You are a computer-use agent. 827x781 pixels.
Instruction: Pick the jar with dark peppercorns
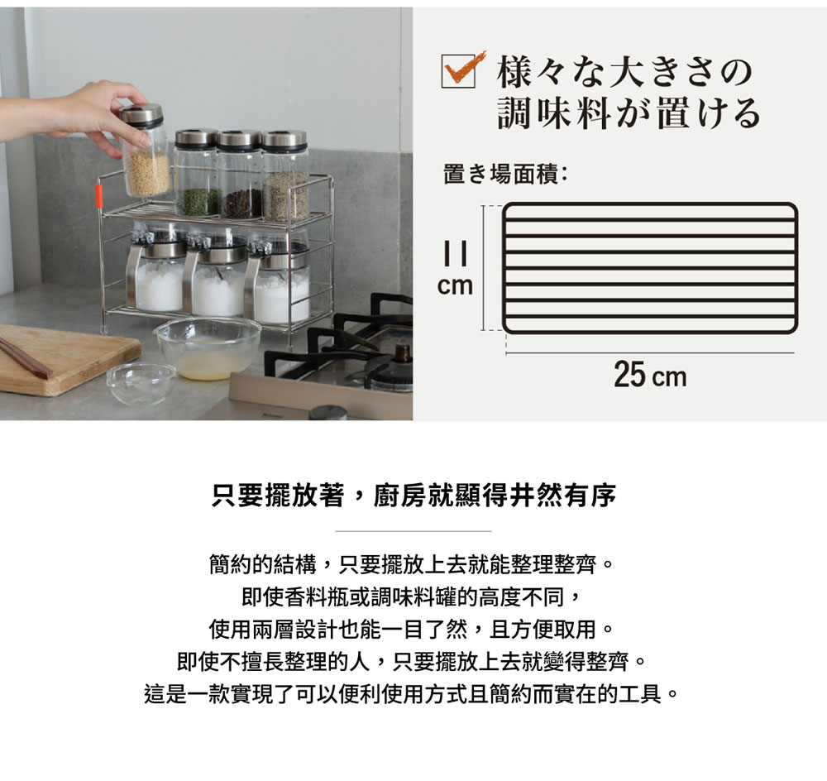point(241,177)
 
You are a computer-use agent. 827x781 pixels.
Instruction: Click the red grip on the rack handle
point(98,197)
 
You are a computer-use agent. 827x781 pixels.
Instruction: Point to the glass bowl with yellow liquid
point(208,347)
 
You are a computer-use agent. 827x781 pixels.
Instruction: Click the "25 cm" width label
point(650,376)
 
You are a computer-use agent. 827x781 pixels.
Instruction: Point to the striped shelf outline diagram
point(651,268)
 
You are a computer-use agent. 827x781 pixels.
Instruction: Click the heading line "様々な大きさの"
point(624,73)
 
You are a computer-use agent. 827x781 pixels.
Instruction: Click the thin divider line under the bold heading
point(413,530)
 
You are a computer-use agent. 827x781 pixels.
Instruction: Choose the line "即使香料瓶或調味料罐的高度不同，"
point(413,598)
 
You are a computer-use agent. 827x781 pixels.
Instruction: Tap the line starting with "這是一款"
point(413,693)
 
